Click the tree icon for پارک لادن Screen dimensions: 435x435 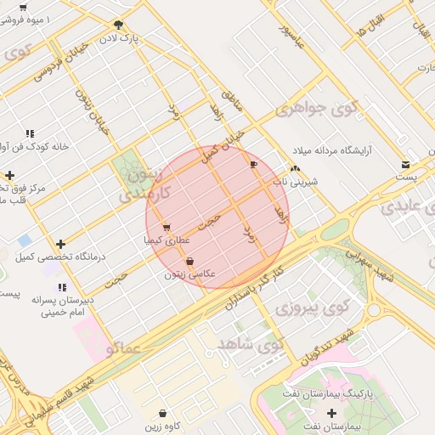(117, 25)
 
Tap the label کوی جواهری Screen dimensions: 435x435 (318, 110)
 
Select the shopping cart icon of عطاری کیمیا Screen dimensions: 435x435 (166, 228)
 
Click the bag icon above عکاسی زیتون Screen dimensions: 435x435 (189, 261)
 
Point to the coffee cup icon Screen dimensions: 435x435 (253, 164)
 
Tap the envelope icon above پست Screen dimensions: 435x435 (406, 164)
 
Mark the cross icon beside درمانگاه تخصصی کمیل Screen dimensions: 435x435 (59, 243)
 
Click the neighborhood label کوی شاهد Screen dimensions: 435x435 (250, 344)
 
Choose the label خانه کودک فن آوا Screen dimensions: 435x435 (37, 146)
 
